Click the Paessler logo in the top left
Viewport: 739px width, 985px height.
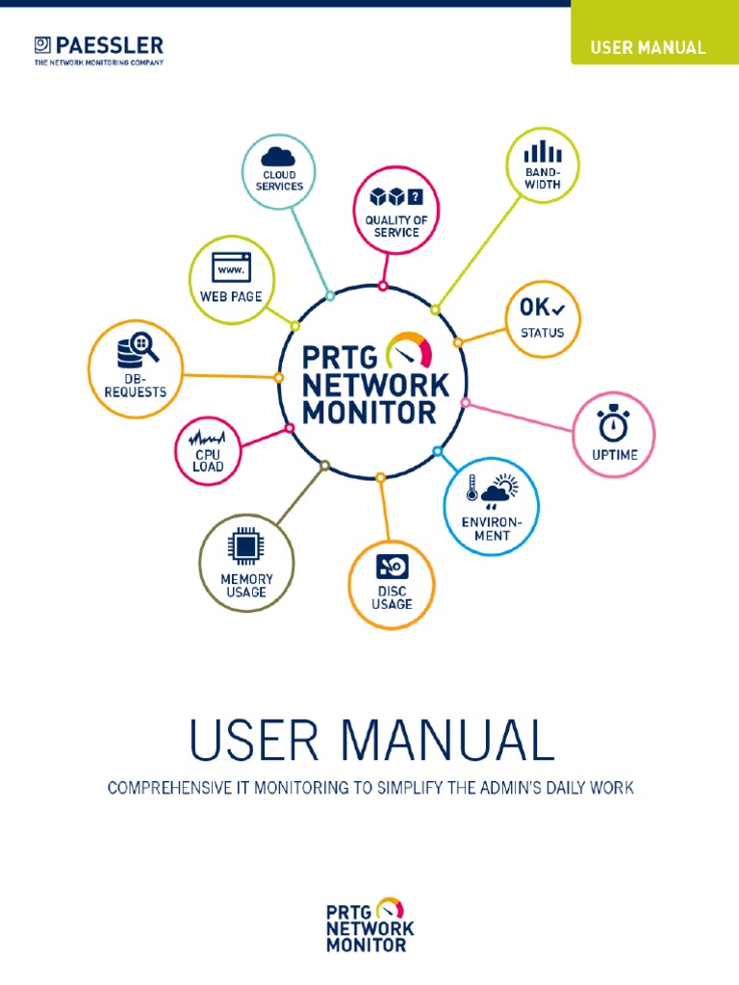coord(98,49)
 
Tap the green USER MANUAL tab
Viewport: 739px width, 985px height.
coord(648,47)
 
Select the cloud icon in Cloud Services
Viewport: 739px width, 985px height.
coord(279,156)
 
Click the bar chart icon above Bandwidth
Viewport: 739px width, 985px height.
coord(543,151)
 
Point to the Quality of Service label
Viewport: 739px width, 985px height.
coord(396,226)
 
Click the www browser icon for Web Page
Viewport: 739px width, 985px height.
coord(231,266)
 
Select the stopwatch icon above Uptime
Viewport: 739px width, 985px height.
coord(614,423)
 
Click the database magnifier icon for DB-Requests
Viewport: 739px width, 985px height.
coord(137,351)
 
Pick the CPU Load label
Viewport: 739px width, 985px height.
coord(209,461)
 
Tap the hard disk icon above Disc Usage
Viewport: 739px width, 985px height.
coord(392,566)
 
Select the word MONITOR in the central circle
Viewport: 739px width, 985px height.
coord(370,413)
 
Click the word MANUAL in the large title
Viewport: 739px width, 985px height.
coord(448,742)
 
